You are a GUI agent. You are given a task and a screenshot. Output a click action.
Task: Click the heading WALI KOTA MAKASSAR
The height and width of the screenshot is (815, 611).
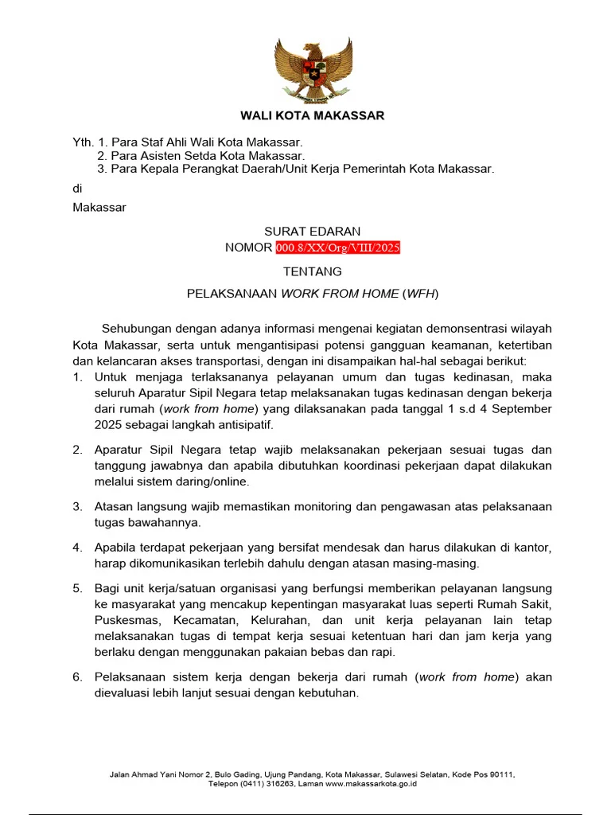tap(312, 115)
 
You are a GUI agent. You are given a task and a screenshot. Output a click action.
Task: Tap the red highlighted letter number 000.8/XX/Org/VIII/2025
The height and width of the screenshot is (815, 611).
tap(338, 248)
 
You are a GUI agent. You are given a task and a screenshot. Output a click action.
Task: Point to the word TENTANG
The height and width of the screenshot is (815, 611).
tap(312, 272)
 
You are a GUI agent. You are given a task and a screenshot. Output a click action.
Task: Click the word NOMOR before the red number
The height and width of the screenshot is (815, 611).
tap(249, 248)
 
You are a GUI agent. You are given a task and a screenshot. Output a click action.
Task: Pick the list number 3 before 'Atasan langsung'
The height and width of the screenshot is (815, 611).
tap(77, 507)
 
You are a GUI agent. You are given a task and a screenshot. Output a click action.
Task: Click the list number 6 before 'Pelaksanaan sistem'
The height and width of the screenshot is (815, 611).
tap(77, 677)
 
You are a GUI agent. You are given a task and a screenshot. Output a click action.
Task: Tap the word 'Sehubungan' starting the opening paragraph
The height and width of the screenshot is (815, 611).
tap(134, 329)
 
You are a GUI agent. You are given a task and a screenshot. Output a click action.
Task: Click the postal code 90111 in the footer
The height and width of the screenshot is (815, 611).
tap(500, 774)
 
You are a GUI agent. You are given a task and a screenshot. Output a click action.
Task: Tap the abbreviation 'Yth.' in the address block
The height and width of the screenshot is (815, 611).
tap(84, 142)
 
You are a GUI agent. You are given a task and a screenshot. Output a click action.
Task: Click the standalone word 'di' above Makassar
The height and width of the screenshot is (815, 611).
tap(77, 189)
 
